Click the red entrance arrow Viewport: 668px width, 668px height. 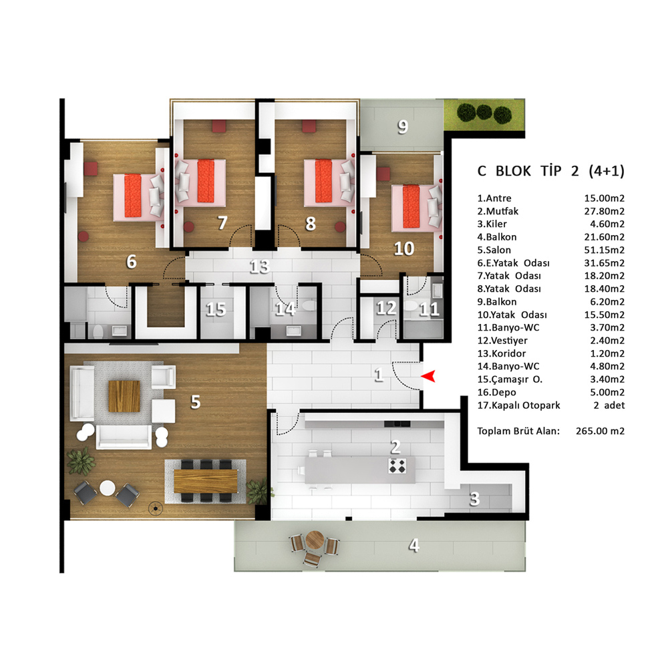coord(428,376)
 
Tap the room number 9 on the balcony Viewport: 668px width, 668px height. coord(403,126)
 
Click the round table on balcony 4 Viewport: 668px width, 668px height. coord(315,540)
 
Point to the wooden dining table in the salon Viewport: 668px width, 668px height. coord(206,480)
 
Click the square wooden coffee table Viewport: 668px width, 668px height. coord(124,396)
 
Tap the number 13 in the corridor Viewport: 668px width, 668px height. coord(259,267)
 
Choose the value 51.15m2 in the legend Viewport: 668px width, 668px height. coord(604,250)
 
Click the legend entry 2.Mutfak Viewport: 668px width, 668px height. coord(498,211)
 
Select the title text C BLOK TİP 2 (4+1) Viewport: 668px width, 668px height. coord(550,171)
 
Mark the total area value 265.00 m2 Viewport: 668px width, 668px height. coord(600,431)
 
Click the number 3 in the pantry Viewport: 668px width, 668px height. coord(474,499)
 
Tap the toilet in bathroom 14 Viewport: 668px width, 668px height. coord(309,305)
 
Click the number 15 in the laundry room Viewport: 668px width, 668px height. coord(216,309)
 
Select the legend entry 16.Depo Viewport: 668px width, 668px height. coord(496,392)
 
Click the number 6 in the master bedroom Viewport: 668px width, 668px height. coord(131,262)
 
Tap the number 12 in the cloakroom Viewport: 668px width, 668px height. coord(386,308)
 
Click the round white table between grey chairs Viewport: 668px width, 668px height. coord(107,488)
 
